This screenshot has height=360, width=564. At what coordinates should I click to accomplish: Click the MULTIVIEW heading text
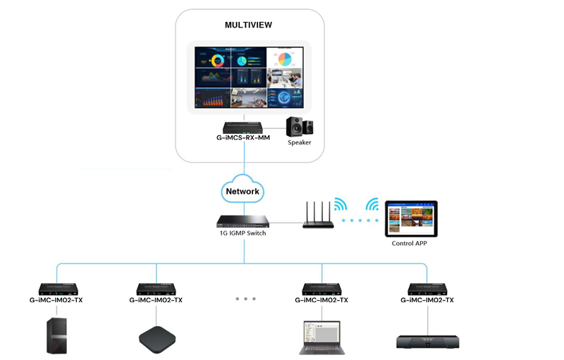coord(248,25)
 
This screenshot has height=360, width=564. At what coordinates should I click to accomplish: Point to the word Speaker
coord(300,143)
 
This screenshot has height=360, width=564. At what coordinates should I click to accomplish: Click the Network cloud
coord(243,191)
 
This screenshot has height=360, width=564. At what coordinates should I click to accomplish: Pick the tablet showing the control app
coord(410,218)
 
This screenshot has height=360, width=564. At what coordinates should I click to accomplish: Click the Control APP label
coord(410,244)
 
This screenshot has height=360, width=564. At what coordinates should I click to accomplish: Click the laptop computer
coord(321,336)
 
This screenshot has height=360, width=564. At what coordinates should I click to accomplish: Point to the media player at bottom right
coord(427,341)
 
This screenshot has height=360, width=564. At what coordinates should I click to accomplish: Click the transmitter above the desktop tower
coord(61,289)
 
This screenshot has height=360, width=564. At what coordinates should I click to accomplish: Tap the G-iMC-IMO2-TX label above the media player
coord(427,300)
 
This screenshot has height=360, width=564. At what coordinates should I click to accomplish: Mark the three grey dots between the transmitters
coord(245,299)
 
